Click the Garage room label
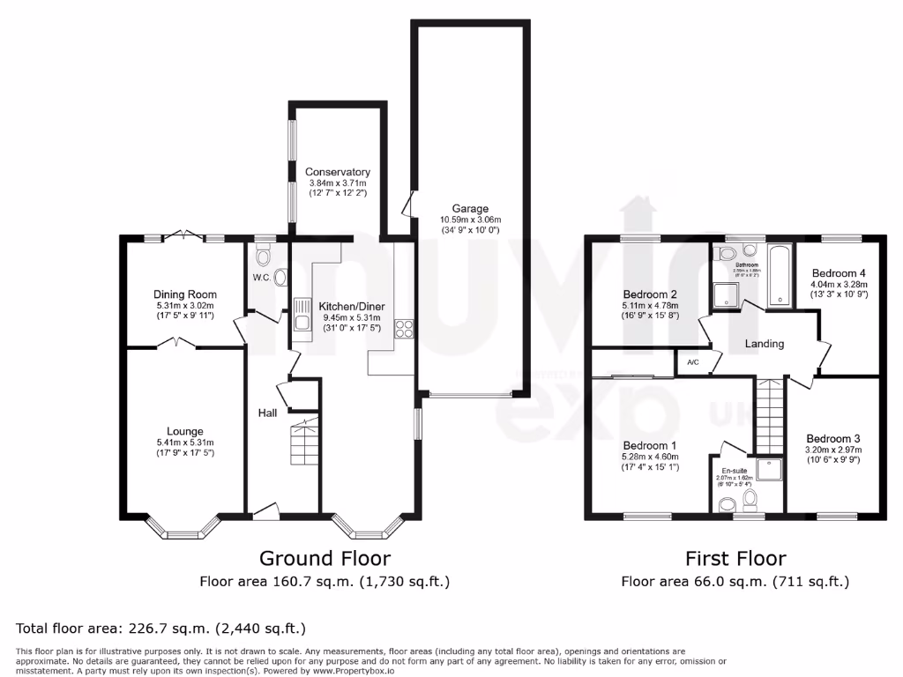click(470, 209)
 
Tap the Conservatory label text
click(337, 172)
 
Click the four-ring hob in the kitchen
click(405, 328)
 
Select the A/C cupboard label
click(692, 361)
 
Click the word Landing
click(764, 344)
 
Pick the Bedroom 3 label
click(832, 439)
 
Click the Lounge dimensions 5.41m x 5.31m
click(185, 443)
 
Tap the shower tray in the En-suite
click(768, 471)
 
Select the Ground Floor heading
click(324, 558)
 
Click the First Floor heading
click(735, 558)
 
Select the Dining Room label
click(185, 294)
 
